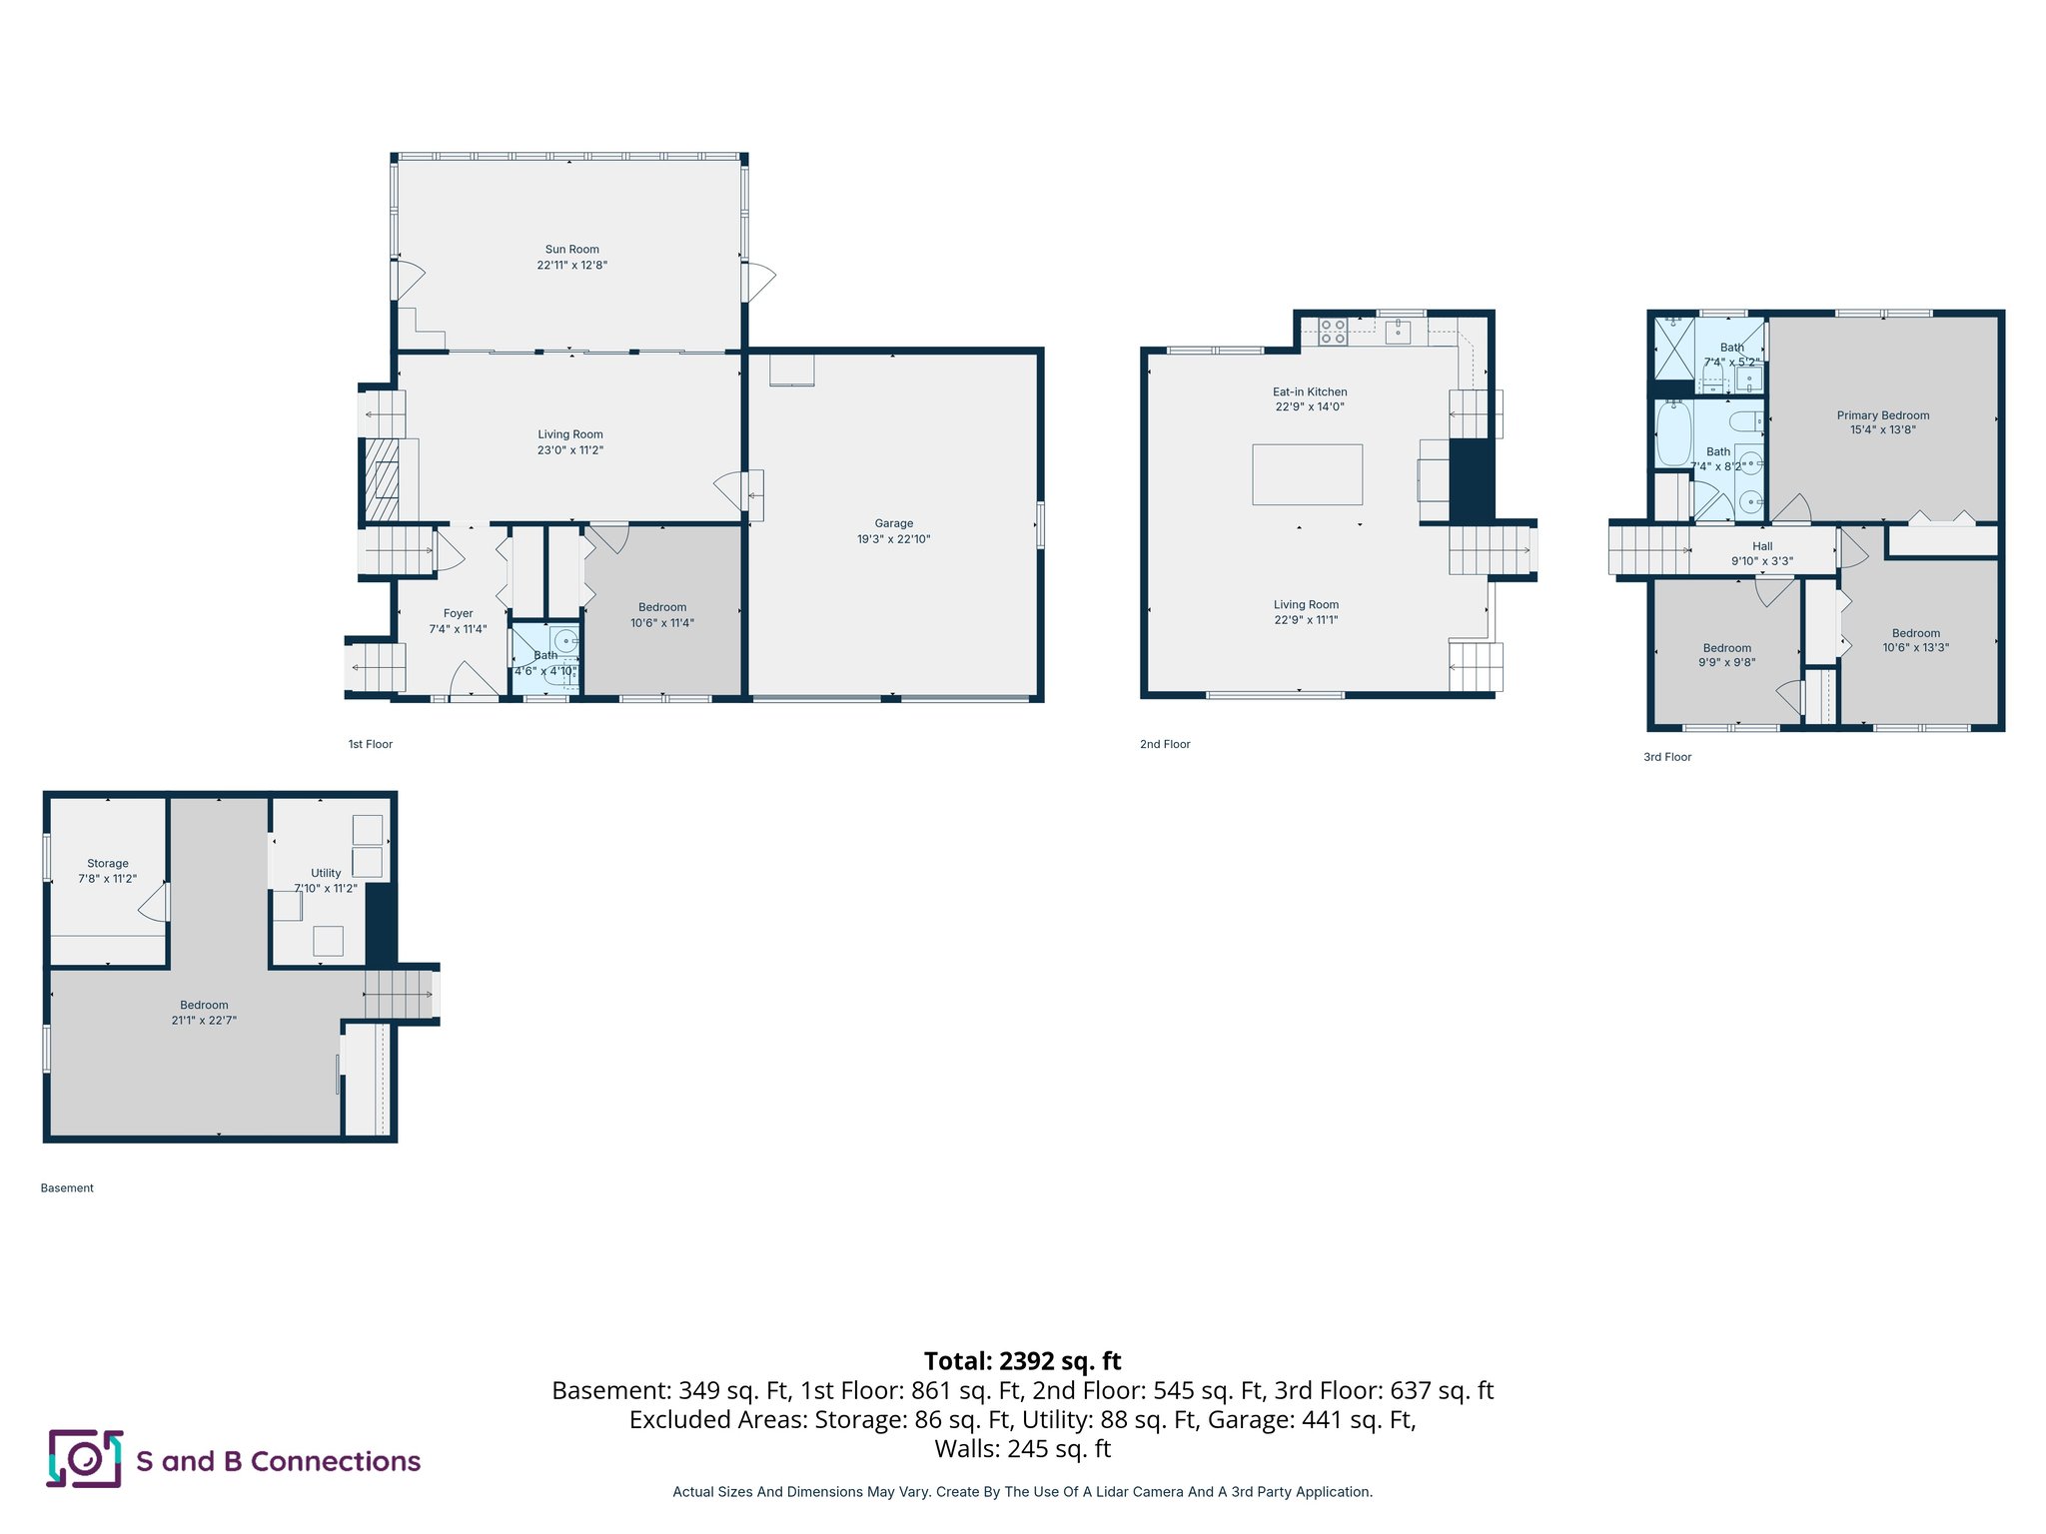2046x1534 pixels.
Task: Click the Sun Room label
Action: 571,250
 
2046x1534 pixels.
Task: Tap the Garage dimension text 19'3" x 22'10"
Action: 893,539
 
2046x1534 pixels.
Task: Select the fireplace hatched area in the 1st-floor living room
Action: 381,480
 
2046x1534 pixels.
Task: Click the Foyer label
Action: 458,614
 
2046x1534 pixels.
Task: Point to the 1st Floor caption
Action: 370,744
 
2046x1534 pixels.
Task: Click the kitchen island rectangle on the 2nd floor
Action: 1307,474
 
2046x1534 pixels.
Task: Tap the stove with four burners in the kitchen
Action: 1333,332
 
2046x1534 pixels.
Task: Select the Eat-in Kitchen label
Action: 1309,391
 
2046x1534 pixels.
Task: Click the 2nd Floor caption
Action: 1165,744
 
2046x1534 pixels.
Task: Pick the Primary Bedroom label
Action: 1882,415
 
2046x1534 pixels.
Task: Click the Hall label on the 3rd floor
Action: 1762,546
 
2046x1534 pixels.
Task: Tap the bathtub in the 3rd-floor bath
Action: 1673,433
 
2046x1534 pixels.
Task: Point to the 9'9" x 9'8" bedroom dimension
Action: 1726,662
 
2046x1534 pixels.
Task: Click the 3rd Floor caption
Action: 1667,757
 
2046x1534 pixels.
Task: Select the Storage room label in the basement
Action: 108,864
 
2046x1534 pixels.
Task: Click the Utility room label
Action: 326,873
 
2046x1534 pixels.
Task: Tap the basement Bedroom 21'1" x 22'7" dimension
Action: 204,1021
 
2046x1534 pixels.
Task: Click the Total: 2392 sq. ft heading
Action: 1022,1361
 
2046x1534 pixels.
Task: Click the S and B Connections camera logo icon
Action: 85,1459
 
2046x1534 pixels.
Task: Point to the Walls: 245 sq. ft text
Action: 1022,1449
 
